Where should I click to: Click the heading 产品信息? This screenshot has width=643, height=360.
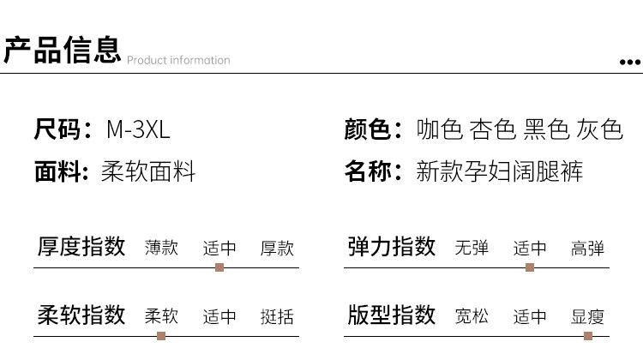(x=63, y=50)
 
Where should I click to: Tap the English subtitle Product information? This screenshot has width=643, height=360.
(x=178, y=60)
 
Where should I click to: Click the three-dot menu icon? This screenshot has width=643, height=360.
(x=630, y=63)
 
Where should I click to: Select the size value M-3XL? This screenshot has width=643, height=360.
(x=138, y=129)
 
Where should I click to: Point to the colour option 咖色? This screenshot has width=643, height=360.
(x=440, y=129)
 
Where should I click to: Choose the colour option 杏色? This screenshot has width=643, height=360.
(x=492, y=129)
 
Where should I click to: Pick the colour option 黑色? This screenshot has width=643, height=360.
(x=546, y=129)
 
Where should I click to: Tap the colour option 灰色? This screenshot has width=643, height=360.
(x=599, y=129)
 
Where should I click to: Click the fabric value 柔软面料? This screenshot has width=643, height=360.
(x=148, y=171)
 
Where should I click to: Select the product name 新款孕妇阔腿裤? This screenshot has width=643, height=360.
(x=500, y=171)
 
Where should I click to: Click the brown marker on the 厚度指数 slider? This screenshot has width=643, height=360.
(x=219, y=267)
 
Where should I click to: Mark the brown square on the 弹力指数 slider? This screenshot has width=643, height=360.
(x=530, y=267)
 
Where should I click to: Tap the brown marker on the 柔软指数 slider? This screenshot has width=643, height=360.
(x=161, y=336)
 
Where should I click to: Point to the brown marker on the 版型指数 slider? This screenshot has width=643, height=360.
(x=588, y=336)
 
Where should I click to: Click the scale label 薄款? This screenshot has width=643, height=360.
(x=161, y=248)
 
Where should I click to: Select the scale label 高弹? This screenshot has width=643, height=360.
(x=587, y=248)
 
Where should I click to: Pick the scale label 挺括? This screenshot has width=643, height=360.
(x=277, y=316)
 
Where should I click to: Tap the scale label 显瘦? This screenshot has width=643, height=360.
(x=587, y=316)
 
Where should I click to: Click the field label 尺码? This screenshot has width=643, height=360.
(x=57, y=129)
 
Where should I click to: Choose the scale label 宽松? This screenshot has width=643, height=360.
(x=472, y=316)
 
